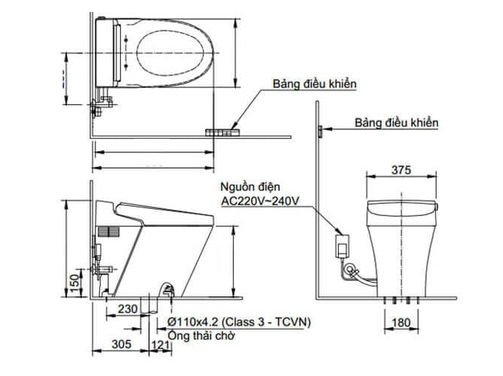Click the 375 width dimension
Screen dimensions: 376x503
coord(401,170)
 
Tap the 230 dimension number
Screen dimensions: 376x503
coord(128,307)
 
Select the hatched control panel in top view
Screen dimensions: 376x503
coord(222,132)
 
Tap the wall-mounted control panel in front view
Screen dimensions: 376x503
coord(319,131)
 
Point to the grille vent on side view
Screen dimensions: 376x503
coord(108,231)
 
